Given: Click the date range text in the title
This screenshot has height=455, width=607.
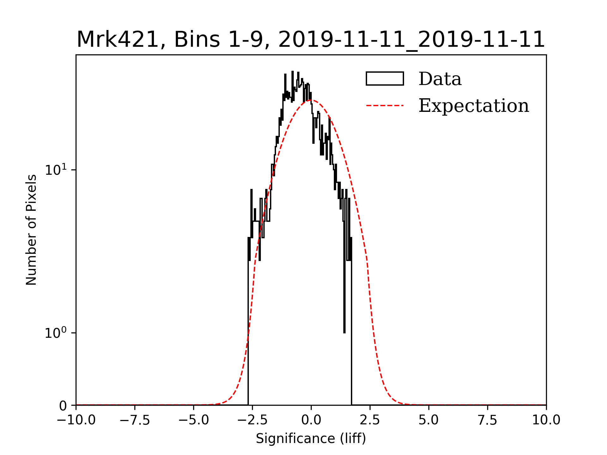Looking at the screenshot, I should pos(411,40).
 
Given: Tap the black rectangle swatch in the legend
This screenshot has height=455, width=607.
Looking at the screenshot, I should pos(385,79).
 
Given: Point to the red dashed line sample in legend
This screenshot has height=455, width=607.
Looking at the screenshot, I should pos(385,106).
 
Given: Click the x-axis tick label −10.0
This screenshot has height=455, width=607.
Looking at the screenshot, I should pos(76,420).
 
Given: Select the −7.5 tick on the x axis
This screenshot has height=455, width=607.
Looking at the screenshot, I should pos(135,420).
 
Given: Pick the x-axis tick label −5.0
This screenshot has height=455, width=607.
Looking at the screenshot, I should pos(194,420).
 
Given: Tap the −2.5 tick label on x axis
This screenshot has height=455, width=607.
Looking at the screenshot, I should pos(252,420).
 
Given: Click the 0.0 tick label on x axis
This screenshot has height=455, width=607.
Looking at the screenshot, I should pos(311,420).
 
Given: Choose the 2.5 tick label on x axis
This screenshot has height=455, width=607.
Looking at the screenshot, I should pos(370,420).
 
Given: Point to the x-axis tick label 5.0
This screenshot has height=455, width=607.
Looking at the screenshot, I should pos(429,420).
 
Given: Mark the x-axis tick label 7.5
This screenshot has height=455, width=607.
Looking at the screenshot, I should pos(487,420).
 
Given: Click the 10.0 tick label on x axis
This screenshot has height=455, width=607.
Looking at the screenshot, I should pos(546,420).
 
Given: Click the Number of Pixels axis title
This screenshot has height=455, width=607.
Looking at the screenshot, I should pos(31,230).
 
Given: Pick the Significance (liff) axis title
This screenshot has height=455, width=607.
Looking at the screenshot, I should pos(311,439).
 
